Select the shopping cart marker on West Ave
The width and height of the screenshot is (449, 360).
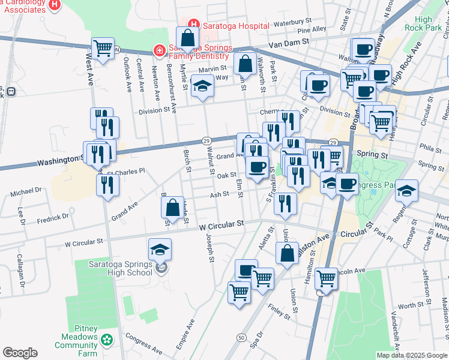tap(103, 49)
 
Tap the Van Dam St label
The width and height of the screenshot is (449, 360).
tap(288, 43)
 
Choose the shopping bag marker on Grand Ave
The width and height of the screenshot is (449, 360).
tap(172, 208)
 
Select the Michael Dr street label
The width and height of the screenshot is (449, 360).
tap(25, 191)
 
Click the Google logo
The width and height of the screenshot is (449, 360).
tap(20, 353)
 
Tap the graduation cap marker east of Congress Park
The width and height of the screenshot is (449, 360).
tap(406, 190)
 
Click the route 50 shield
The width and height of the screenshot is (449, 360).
tap(241, 338)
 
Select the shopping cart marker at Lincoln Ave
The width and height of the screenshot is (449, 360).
tap(326, 278)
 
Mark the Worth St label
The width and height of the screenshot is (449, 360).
tap(411, 305)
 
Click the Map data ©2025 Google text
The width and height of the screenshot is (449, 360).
tap(412, 355)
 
